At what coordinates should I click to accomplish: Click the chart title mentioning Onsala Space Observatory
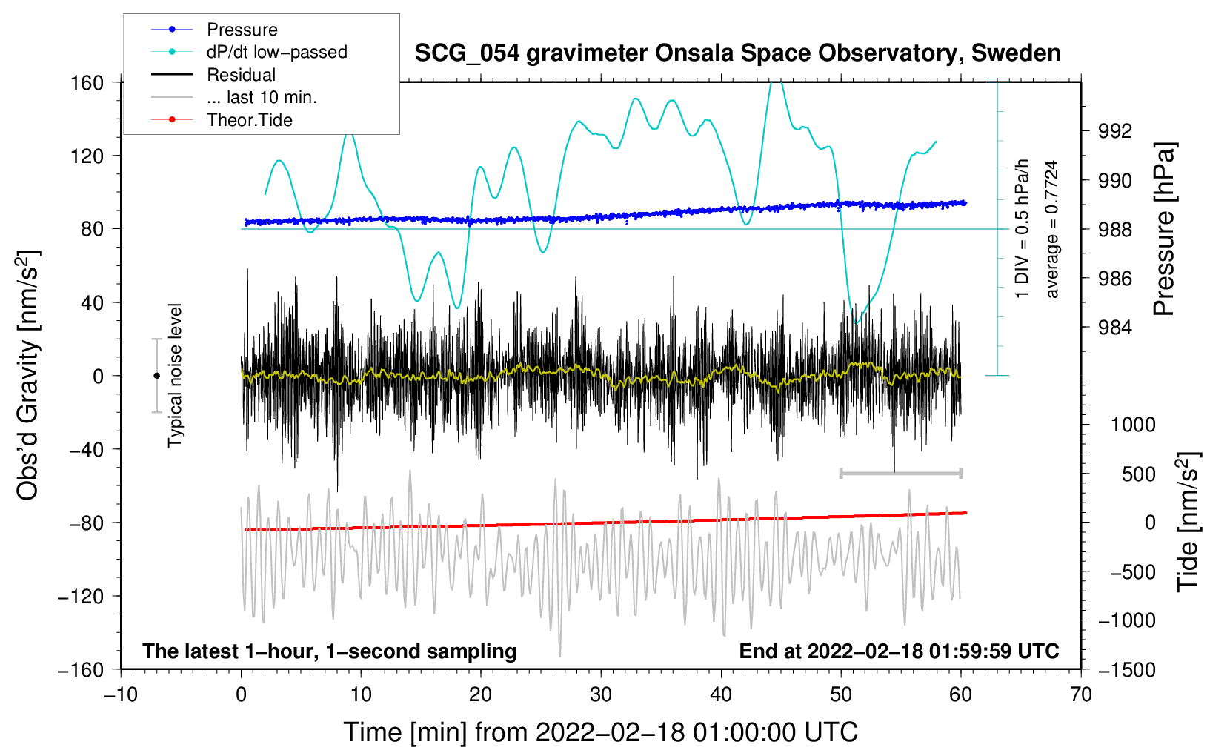pyautogui.click(x=737, y=53)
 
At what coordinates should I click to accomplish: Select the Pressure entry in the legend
pyautogui.click(x=242, y=30)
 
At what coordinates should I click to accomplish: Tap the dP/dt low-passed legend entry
pyautogui.click(x=276, y=52)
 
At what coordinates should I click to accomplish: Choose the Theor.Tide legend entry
pyautogui.click(x=249, y=120)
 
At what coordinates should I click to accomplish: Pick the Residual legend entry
pyautogui.click(x=241, y=75)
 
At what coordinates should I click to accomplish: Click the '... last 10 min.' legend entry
pyautogui.click(x=262, y=97)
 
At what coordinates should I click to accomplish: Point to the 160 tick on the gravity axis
pyautogui.click(x=87, y=82)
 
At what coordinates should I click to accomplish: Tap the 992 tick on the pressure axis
pyautogui.click(x=1115, y=131)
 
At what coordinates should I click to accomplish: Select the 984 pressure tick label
pyautogui.click(x=1115, y=327)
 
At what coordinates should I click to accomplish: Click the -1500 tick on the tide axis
pyautogui.click(x=1126, y=669)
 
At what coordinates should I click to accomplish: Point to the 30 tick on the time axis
pyautogui.click(x=601, y=694)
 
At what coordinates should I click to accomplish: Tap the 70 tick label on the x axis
pyautogui.click(x=1081, y=694)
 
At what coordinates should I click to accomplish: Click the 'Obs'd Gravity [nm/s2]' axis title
pyautogui.click(x=27, y=375)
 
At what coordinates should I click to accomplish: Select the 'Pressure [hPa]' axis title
pyautogui.click(x=1164, y=229)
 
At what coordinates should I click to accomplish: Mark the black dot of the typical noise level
pyautogui.click(x=156, y=376)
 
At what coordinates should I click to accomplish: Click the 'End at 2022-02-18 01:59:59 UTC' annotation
pyautogui.click(x=899, y=651)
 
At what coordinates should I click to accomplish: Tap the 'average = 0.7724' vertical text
pyautogui.click(x=1052, y=229)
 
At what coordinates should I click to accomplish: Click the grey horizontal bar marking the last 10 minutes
pyautogui.click(x=900, y=473)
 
